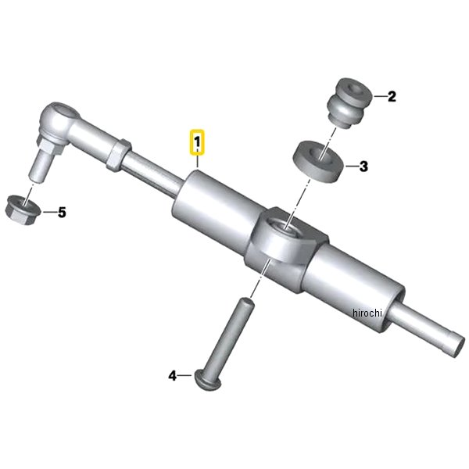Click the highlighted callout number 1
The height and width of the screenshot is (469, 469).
(197, 142)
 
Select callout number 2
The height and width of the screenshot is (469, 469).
(392, 96)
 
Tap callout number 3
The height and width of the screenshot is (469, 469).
(363, 166)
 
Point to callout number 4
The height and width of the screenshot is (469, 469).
(173, 376)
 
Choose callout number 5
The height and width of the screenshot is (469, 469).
(62, 213)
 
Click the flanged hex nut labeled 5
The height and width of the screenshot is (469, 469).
(23, 209)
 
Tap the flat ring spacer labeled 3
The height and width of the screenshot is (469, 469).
(319, 161)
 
